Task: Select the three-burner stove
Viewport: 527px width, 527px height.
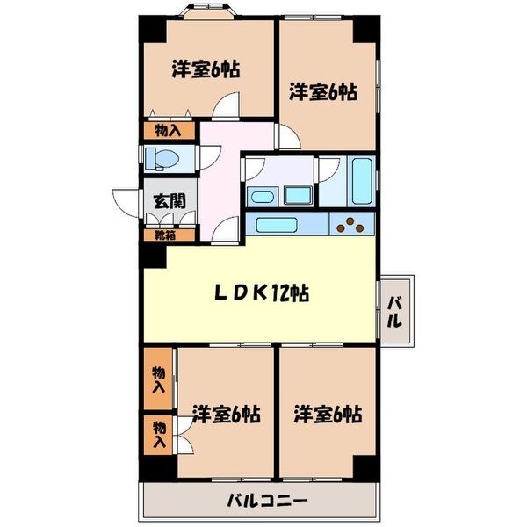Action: [x=353, y=225]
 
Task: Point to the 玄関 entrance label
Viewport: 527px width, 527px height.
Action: [x=170, y=200]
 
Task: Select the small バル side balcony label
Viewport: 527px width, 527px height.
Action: [x=397, y=311]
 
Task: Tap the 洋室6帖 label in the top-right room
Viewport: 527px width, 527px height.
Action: [x=323, y=90]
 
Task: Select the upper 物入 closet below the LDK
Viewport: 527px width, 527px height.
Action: [x=158, y=379]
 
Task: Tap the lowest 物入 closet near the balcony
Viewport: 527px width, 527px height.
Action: [x=158, y=436]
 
